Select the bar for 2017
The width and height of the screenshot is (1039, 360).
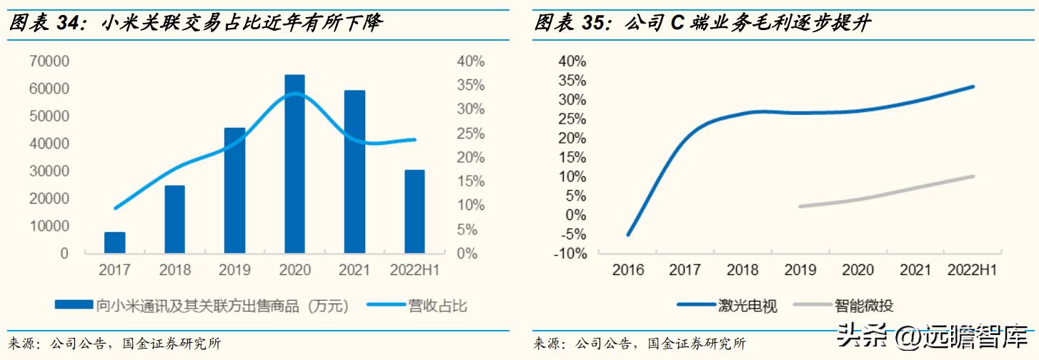coord(114,242)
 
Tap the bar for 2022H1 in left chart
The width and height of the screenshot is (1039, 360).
coord(414,211)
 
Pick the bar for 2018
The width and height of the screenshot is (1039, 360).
coord(174,219)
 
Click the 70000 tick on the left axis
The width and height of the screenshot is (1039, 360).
coord(49,61)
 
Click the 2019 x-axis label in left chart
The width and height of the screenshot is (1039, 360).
coord(234,270)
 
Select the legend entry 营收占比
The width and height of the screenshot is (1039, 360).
coord(437,306)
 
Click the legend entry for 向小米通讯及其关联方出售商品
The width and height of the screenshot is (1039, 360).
coord(222,306)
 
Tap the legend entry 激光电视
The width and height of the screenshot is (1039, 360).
coord(747,306)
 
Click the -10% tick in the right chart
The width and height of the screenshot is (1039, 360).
coord(570,254)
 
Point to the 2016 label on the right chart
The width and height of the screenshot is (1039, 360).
coord(628,270)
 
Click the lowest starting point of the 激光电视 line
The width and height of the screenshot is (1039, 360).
coord(628,234)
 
